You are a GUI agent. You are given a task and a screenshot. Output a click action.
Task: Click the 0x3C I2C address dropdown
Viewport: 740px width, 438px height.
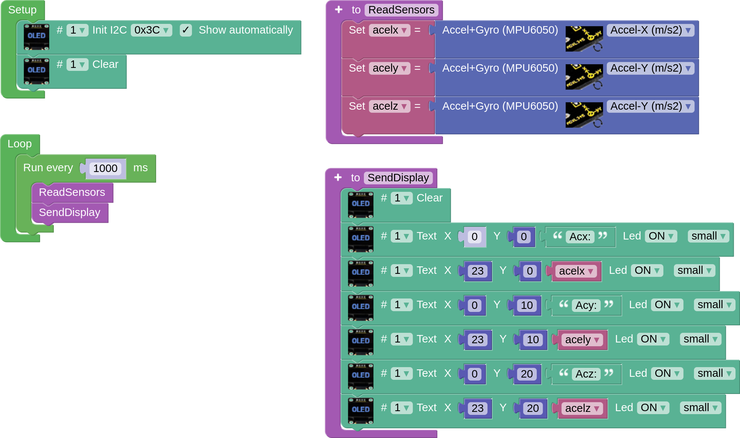tap(151, 30)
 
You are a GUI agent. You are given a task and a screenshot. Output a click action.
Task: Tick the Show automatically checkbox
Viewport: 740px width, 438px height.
tap(186, 30)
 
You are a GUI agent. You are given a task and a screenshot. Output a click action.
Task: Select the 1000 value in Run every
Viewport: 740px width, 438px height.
tap(105, 168)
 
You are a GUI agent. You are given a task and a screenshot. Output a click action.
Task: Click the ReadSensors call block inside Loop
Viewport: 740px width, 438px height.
tap(72, 193)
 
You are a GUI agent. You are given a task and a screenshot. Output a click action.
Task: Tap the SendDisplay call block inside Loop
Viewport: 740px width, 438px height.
tap(69, 213)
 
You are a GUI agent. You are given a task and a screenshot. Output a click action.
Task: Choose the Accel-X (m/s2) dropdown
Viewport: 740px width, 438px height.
tap(650, 30)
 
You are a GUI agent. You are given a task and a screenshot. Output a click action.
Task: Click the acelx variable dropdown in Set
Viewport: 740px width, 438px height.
tap(389, 30)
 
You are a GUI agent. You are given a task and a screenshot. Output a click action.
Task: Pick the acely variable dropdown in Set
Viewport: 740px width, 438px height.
tap(389, 68)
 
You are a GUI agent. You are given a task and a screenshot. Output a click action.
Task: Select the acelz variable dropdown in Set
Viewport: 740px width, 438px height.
tap(389, 106)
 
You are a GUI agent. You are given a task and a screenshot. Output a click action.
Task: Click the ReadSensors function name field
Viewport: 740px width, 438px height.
tap(401, 10)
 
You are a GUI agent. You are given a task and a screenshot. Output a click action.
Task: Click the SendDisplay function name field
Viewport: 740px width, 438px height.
tap(398, 178)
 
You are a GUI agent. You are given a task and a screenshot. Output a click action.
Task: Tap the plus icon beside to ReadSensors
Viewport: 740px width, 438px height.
tap(339, 10)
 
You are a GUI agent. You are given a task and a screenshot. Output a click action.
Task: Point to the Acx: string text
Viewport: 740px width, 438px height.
tap(580, 237)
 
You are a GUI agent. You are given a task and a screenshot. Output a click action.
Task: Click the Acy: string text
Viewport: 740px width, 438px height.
tap(586, 305)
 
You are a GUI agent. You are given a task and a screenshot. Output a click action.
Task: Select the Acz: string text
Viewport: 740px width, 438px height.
tap(586, 374)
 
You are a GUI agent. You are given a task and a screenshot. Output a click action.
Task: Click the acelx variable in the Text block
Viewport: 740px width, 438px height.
tap(576, 271)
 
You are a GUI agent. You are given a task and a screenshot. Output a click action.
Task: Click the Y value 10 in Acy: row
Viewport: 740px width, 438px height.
tap(527, 305)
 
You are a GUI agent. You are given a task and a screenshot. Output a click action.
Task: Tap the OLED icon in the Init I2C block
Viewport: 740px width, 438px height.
tap(36, 37)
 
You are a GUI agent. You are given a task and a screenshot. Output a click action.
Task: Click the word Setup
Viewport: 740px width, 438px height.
tap(22, 10)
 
